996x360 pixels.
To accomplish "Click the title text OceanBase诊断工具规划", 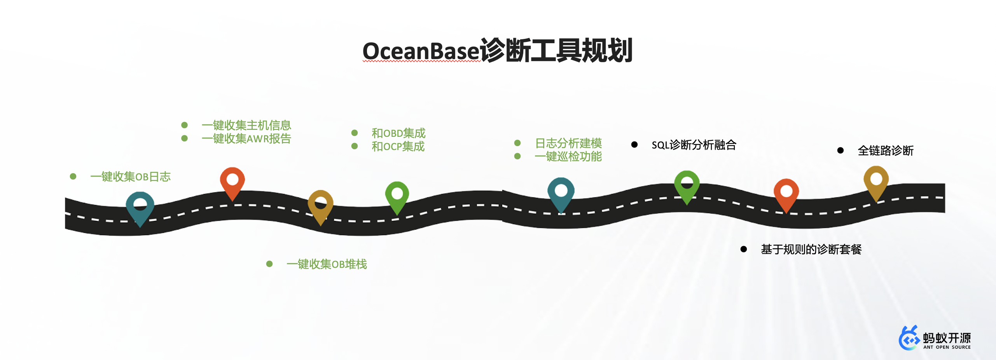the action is [x=498, y=51].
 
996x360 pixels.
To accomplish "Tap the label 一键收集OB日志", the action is [x=130, y=177].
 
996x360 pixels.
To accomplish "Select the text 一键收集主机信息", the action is [x=246, y=125].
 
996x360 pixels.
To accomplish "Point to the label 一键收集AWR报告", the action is [x=246, y=139].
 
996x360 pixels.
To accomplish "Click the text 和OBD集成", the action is [x=398, y=133].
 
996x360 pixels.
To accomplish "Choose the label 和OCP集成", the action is [x=398, y=147].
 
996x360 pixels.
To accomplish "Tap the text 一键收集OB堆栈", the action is [x=327, y=264].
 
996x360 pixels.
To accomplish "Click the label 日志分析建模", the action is [x=568, y=143].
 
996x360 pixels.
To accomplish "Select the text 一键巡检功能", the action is [x=568, y=157].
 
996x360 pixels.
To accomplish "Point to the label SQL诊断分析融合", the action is [x=694, y=145].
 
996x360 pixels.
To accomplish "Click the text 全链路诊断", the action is [x=885, y=151].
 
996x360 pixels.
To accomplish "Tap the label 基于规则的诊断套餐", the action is [x=811, y=250].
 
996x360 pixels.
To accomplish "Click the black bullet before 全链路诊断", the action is [x=840, y=150].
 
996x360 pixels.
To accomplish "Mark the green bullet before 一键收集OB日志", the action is [x=73, y=177].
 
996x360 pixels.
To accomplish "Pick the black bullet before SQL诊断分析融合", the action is [x=634, y=145].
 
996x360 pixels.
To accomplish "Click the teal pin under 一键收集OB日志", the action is [x=140, y=206].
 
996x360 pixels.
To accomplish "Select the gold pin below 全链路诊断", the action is [x=876, y=181].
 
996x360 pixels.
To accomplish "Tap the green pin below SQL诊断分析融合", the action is [x=687, y=185].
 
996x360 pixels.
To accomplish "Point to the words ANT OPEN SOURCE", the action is [x=947, y=347].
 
